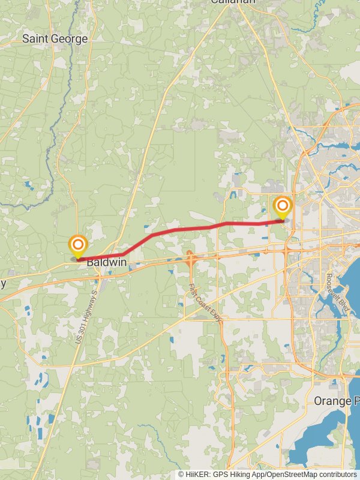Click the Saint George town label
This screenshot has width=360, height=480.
point(55,39)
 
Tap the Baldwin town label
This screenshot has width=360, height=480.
point(106,262)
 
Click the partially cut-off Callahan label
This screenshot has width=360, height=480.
point(233,2)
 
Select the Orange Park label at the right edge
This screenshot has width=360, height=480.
point(336,400)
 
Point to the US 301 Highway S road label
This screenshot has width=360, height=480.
point(86,317)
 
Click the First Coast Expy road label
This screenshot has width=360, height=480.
point(205,303)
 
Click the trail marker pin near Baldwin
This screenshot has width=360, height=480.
point(77,245)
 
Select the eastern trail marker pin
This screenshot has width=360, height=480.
point(282,207)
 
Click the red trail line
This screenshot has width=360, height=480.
point(180,229)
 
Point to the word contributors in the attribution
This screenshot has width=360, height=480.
point(337,474)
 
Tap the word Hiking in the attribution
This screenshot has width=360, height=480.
point(237,474)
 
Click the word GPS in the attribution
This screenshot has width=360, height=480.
point(220,474)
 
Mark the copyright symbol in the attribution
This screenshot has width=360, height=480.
point(181,474)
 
